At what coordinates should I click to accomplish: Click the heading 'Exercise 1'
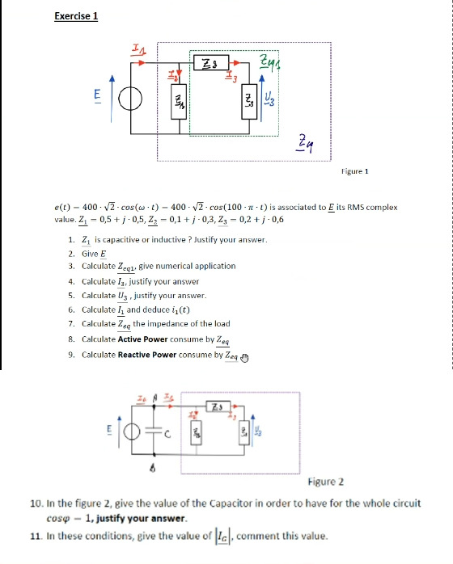[75, 15]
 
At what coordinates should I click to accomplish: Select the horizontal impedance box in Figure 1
[210, 62]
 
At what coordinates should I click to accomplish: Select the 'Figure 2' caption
[326, 482]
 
